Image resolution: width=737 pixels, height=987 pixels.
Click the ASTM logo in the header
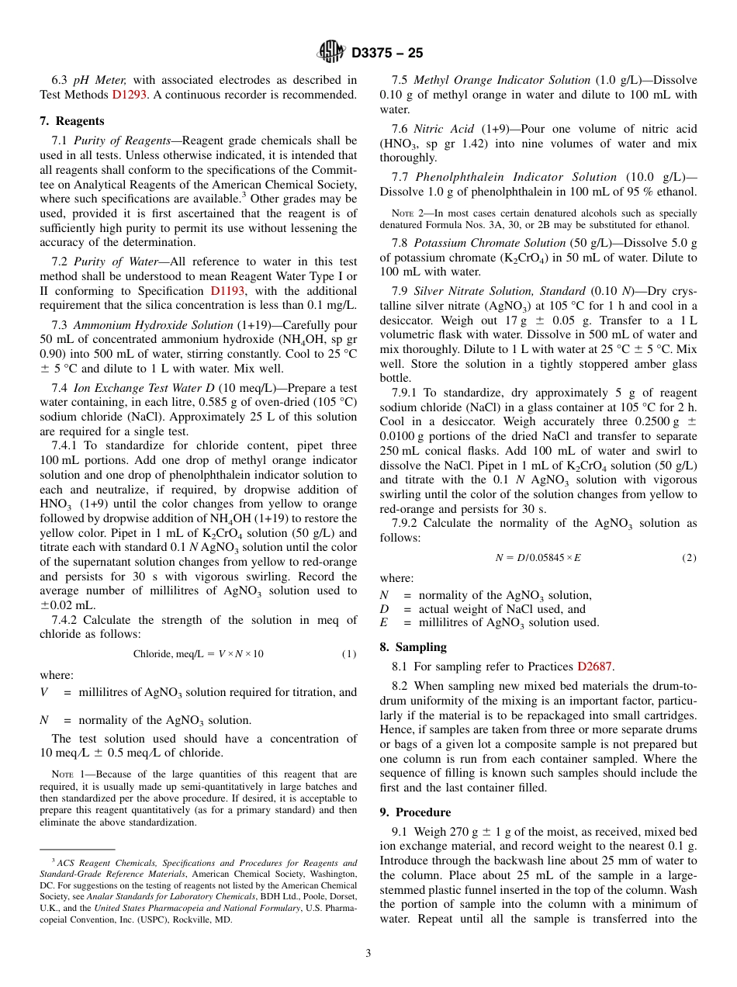[x=331, y=52]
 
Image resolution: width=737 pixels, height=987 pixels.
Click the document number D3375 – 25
[x=387, y=53]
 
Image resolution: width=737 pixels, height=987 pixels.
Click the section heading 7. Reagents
[x=71, y=121]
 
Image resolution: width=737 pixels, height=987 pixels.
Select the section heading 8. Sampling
[x=413, y=646]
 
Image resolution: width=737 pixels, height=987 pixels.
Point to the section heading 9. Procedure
[x=415, y=812]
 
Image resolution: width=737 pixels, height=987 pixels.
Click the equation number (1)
[x=349, y=654]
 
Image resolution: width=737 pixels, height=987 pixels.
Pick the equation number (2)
[x=689, y=558]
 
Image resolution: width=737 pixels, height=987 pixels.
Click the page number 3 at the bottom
[x=368, y=954]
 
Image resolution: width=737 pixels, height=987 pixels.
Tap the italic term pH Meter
[x=100, y=80]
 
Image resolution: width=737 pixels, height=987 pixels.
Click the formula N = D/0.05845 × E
[x=538, y=558]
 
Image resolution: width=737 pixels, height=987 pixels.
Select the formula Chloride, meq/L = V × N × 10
[x=198, y=654]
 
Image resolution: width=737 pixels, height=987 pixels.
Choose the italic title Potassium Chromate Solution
[x=490, y=243]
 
